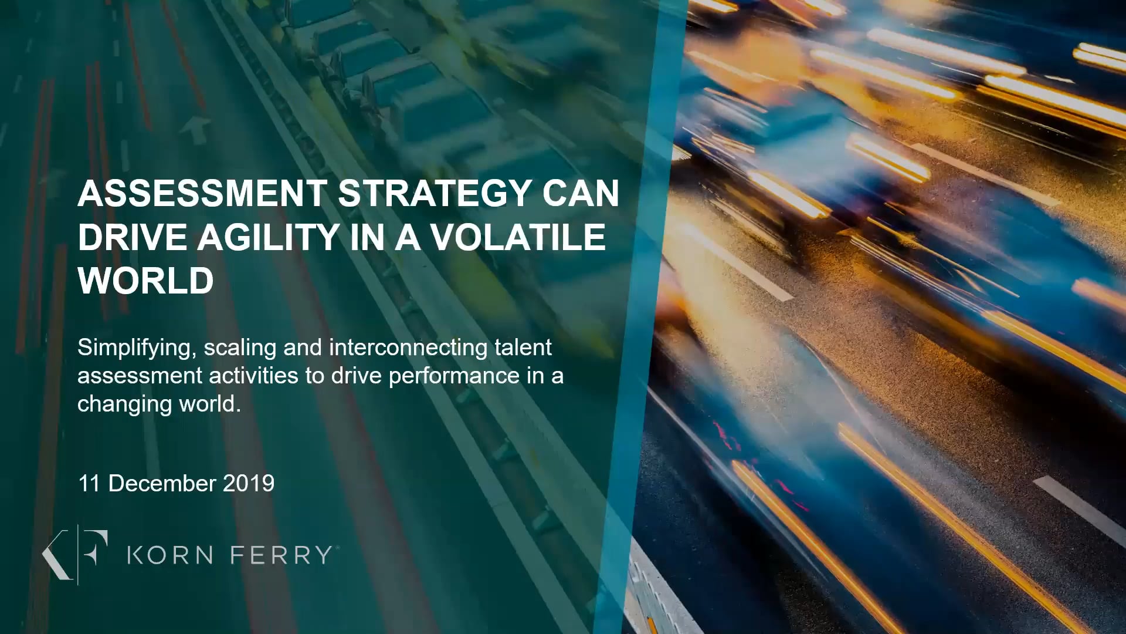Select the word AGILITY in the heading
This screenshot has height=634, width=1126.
pyautogui.click(x=269, y=237)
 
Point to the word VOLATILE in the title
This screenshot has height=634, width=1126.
pyautogui.click(x=518, y=237)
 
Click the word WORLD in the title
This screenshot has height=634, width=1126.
pyautogui.click(x=146, y=281)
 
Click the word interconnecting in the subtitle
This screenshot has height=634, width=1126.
pyautogui.click(x=408, y=348)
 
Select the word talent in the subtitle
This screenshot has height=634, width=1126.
pyautogui.click(x=523, y=348)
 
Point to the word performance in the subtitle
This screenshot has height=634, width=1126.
pyautogui.click(x=454, y=376)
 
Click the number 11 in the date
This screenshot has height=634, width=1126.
pyautogui.click(x=89, y=484)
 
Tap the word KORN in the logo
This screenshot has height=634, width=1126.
pyautogui.click(x=170, y=555)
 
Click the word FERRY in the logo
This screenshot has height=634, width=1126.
pyautogui.click(x=281, y=555)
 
